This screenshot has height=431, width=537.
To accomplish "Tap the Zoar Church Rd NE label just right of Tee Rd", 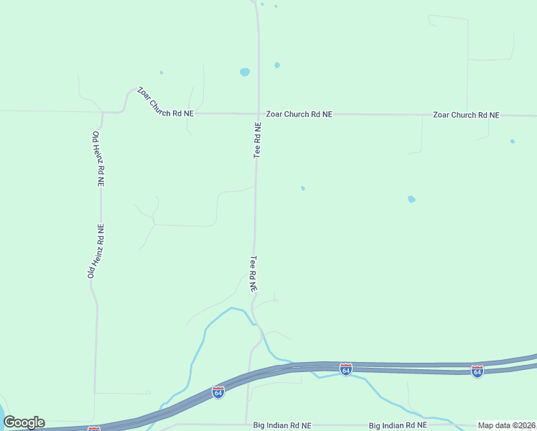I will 299,114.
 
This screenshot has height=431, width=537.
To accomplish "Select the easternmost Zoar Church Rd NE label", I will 466,115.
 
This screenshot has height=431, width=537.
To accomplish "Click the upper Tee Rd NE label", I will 257,140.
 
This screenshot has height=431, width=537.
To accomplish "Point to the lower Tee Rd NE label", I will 253,274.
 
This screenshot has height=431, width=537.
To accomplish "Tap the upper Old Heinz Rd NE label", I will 98,159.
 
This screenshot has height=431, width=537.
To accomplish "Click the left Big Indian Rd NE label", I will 282,425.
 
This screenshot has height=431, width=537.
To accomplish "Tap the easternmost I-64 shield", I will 477,371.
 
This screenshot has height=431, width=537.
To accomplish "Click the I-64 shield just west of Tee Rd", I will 218,392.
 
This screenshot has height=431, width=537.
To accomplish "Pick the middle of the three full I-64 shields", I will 346,369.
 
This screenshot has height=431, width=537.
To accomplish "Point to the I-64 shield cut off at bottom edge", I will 94,428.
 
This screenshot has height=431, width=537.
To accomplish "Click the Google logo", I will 24,422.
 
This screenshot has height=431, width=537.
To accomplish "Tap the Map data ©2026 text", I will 506,425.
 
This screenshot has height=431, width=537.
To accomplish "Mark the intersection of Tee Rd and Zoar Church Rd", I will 258,113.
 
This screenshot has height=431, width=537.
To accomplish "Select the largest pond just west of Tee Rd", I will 245,73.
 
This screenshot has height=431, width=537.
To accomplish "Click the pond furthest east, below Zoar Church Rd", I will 513,141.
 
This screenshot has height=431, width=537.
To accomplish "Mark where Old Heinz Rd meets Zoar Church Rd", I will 103,113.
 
